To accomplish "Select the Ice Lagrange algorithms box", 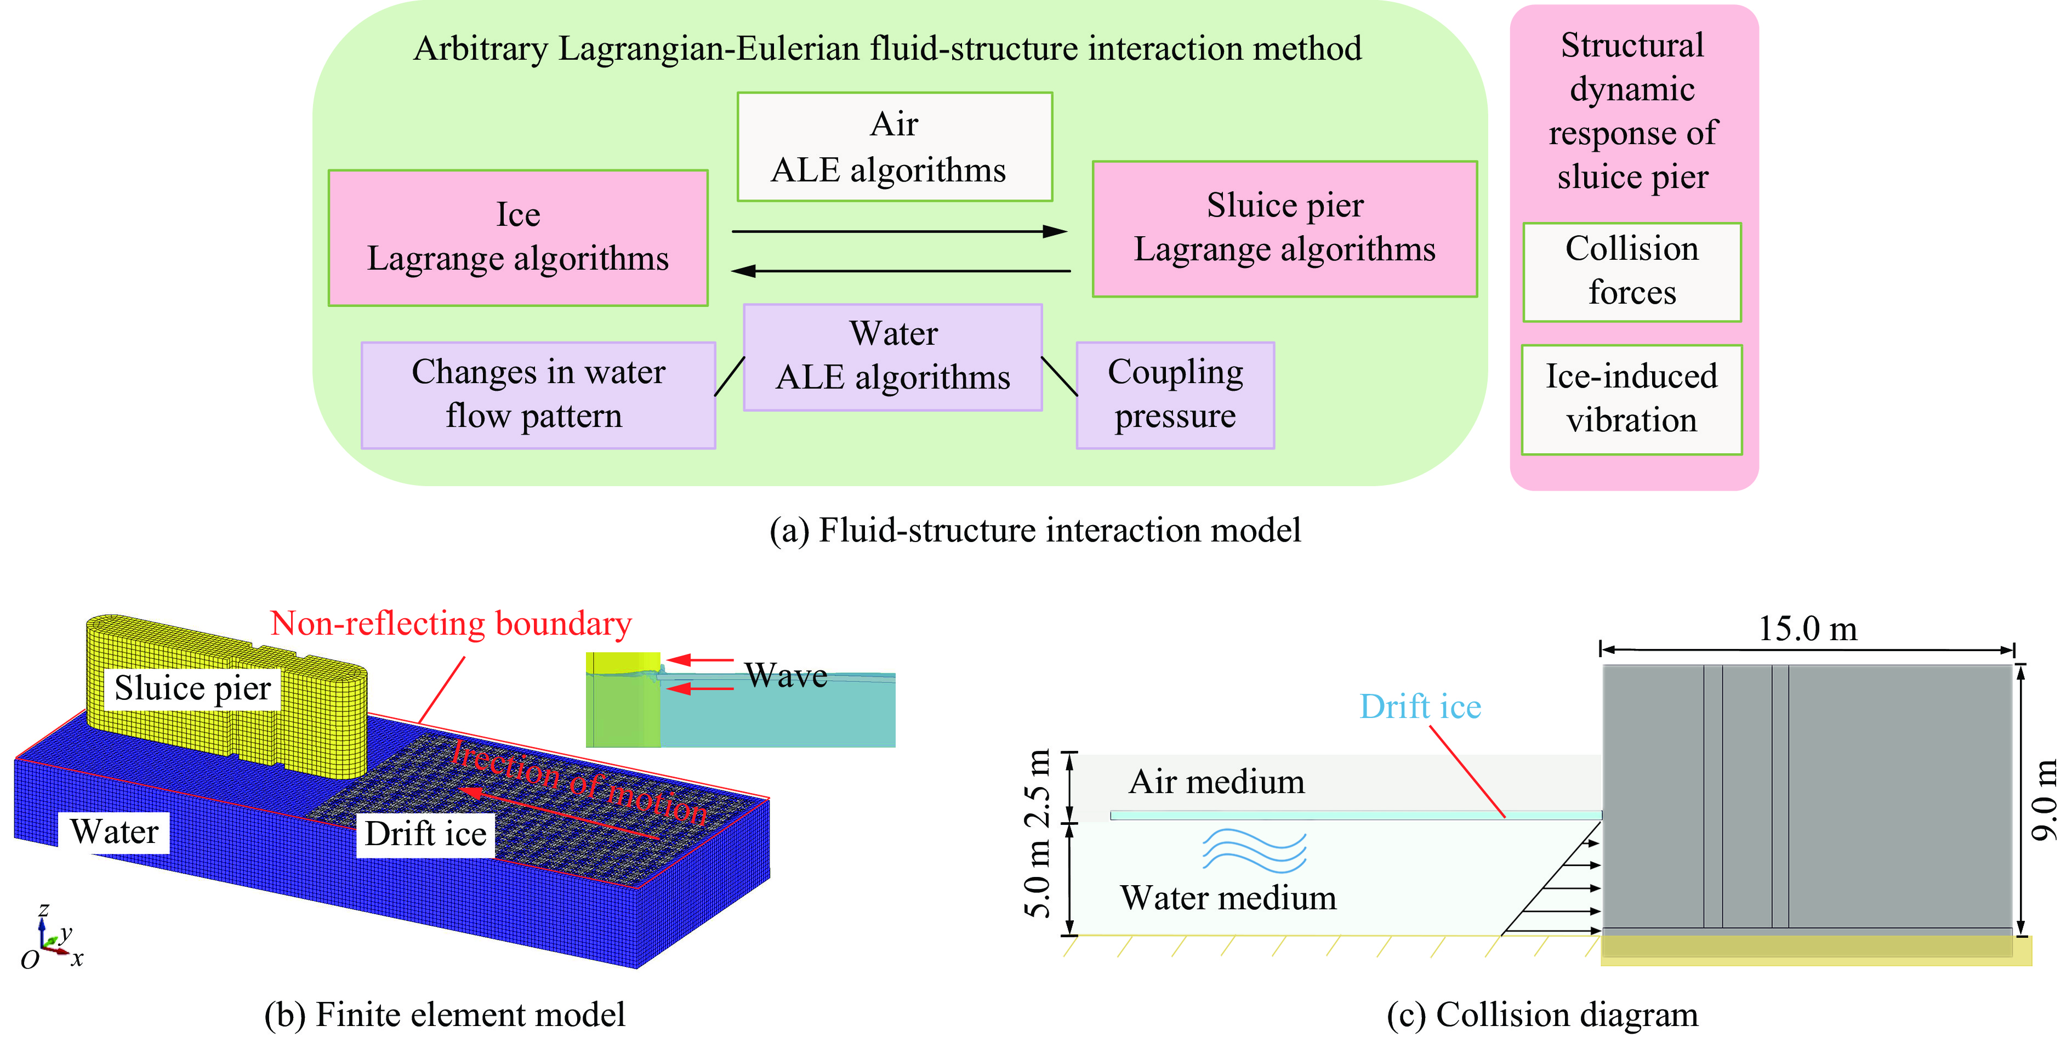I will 517,237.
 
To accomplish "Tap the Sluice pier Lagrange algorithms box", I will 1284,229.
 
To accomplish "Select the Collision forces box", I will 1631,271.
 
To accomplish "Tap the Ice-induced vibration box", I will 1631,399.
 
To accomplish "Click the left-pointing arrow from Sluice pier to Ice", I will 900,271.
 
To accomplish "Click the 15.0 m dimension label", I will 1807,628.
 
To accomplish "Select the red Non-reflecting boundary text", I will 451,624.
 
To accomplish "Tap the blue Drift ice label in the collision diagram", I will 1420,706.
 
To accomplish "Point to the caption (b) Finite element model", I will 444,1015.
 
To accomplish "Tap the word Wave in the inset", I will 786,676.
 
